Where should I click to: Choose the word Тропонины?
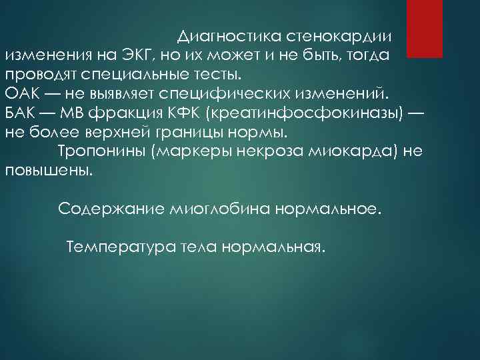pyautogui.click(x=102, y=151)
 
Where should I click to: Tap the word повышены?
pyautogui.click(x=49, y=170)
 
